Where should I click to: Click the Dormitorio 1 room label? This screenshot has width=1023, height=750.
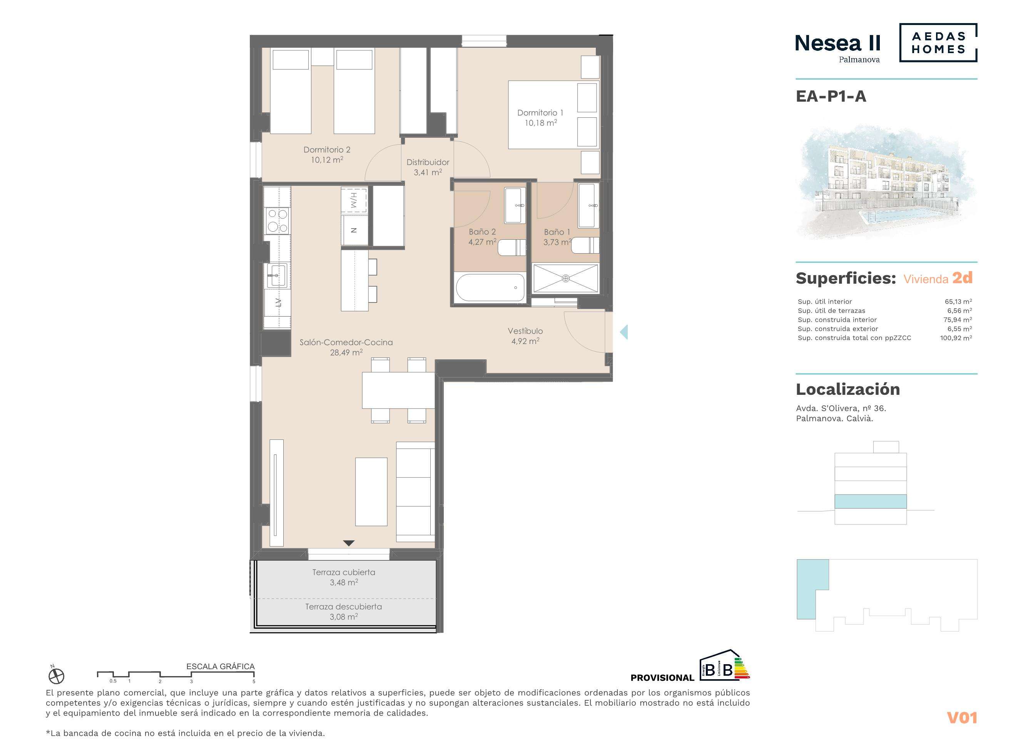(540, 113)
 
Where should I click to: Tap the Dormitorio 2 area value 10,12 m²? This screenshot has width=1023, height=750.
(327, 160)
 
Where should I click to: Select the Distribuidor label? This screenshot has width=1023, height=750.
(428, 162)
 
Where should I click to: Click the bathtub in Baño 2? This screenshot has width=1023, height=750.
(490, 287)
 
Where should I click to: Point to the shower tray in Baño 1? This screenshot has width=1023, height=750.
(565, 278)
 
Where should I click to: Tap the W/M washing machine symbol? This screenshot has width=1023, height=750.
(354, 200)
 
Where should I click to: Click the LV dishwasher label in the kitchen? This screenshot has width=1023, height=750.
(278, 302)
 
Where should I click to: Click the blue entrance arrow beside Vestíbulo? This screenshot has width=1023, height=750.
(624, 332)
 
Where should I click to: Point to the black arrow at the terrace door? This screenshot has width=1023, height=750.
(349, 543)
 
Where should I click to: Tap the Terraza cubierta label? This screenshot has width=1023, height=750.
(344, 573)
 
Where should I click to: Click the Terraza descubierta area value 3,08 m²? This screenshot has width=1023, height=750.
(344, 616)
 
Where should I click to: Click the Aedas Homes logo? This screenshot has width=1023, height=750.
(938, 43)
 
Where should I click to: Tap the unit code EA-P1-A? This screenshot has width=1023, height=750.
(831, 96)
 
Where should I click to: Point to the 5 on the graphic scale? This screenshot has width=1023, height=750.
(254, 682)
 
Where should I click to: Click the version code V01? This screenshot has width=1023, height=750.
(962, 718)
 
